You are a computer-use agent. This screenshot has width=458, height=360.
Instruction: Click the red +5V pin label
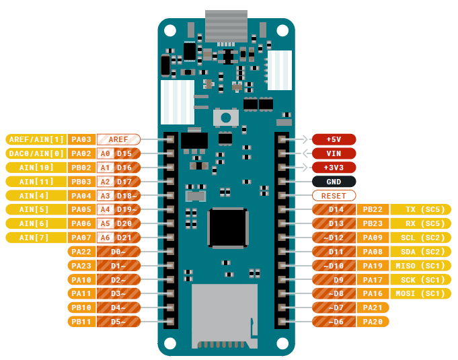(334, 139)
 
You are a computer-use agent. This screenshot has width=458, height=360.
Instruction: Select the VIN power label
(334, 153)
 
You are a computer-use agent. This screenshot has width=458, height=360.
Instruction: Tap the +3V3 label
(334, 168)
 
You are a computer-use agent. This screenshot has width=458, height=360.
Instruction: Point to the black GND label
(334, 182)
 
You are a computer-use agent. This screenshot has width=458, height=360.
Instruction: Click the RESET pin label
(334, 196)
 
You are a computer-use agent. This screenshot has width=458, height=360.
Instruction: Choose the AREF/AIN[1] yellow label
(36, 139)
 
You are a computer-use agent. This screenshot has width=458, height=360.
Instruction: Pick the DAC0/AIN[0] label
(36, 153)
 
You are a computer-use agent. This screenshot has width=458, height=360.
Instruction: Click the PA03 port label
(81, 139)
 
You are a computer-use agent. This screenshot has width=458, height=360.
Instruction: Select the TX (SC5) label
(420, 209)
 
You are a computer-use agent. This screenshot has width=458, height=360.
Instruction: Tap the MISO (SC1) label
(420, 266)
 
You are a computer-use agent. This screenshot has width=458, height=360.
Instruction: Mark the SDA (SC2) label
(420, 252)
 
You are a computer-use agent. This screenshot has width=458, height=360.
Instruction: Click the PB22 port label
(373, 209)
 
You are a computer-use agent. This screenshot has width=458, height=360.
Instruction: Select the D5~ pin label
(118, 322)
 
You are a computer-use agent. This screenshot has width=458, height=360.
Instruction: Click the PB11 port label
(81, 322)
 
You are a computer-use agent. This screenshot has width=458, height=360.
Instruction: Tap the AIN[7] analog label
(36, 238)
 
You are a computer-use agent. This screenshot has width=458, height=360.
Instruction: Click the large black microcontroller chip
(228, 227)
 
